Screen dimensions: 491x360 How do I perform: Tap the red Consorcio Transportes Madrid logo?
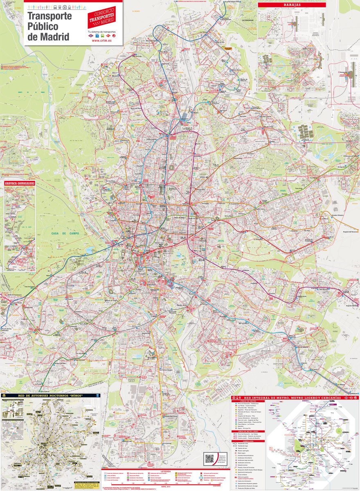coord(102,17)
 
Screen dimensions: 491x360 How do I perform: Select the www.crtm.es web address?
coord(102,41)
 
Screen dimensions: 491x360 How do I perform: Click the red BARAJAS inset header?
coord(292,5)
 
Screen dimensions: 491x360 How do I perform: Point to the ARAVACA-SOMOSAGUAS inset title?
coord(19,184)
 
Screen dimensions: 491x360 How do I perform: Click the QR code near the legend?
coord(209,458)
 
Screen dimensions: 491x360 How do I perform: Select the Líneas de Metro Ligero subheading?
coord(248,431)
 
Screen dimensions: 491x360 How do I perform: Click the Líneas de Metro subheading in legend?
coord(248,401)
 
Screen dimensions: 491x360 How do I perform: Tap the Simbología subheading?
coord(248,441)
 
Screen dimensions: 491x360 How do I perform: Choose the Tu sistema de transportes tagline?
coord(102,31)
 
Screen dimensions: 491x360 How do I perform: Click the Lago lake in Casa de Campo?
coord(90,250)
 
